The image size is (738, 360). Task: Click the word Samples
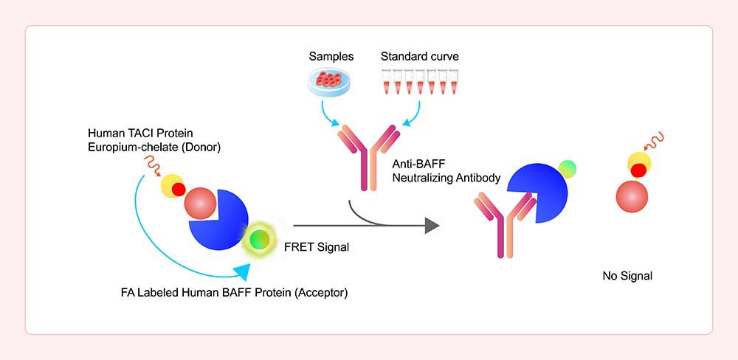tap(331, 57)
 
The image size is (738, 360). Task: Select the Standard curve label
tap(419, 57)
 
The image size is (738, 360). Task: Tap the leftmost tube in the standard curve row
tap(386, 81)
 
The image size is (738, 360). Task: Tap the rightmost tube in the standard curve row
tap(454, 81)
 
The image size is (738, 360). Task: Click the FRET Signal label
tap(317, 246)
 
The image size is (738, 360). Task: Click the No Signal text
tap(627, 276)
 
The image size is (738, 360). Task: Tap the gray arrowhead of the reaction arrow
tap(432, 226)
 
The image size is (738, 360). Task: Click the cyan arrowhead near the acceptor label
tap(242, 272)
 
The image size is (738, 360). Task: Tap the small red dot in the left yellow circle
tap(179, 189)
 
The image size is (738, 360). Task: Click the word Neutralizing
tap(420, 179)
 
